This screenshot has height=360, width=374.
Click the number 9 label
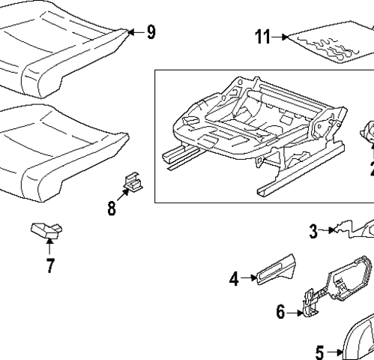click(x=151, y=31)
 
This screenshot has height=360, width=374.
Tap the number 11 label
click(x=262, y=37)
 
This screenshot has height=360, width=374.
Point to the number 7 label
click(x=50, y=265)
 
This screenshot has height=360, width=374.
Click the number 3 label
click(x=314, y=231)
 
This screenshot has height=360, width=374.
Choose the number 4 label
click(x=234, y=279)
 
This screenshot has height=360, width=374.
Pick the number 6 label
click(x=280, y=311)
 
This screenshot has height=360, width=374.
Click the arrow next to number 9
click(x=134, y=31)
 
